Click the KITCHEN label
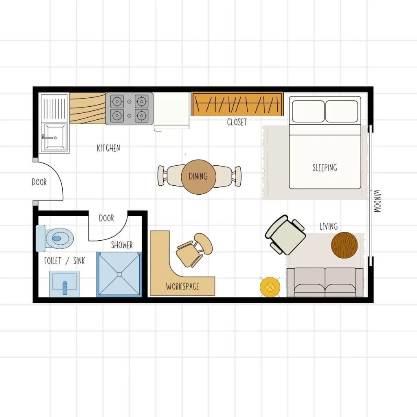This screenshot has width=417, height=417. [108, 148]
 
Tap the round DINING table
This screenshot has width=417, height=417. [198, 177]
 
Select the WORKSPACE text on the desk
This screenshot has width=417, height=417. [182, 287]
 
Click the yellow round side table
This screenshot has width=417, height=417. [270, 287]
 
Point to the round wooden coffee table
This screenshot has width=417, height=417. [344, 245]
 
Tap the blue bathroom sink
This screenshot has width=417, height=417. [65, 284]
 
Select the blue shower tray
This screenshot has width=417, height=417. [119, 274]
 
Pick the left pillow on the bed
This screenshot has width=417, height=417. [308, 111]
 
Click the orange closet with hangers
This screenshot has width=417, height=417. [237, 104]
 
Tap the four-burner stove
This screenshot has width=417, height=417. [129, 108]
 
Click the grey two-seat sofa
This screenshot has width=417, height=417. [325, 282]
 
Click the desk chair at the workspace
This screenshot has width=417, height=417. [195, 250]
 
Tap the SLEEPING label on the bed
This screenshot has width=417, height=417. [325, 167]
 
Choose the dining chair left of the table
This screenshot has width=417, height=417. [171, 176]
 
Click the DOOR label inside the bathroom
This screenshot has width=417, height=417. [106, 218]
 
